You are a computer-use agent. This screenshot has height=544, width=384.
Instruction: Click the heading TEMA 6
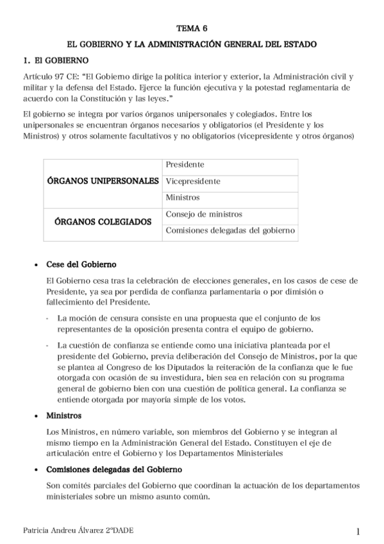(192, 29)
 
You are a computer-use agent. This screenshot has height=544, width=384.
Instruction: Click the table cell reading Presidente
(185, 165)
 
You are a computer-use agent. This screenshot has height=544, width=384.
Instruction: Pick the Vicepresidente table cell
(193, 182)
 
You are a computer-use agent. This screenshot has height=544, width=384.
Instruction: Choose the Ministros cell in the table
(183, 198)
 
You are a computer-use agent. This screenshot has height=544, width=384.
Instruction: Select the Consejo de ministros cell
(204, 214)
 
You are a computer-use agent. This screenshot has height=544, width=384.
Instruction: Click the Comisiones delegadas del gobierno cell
(230, 230)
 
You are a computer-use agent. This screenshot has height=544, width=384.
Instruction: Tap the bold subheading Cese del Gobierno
(81, 264)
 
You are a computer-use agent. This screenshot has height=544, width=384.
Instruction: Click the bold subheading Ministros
(64, 416)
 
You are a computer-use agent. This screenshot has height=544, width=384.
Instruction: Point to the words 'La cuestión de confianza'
(101, 345)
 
